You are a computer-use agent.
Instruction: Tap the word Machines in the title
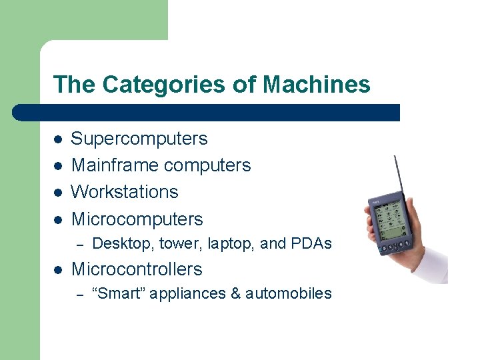click(x=317, y=85)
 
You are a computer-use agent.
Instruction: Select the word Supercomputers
click(x=139, y=139)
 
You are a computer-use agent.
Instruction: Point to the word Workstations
click(x=125, y=192)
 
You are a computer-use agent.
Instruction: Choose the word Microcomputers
click(x=137, y=219)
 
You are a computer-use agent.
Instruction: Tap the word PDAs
click(x=311, y=244)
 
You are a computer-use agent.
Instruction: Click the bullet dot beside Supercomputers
click(x=58, y=139)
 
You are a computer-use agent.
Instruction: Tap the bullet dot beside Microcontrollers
click(x=58, y=270)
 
